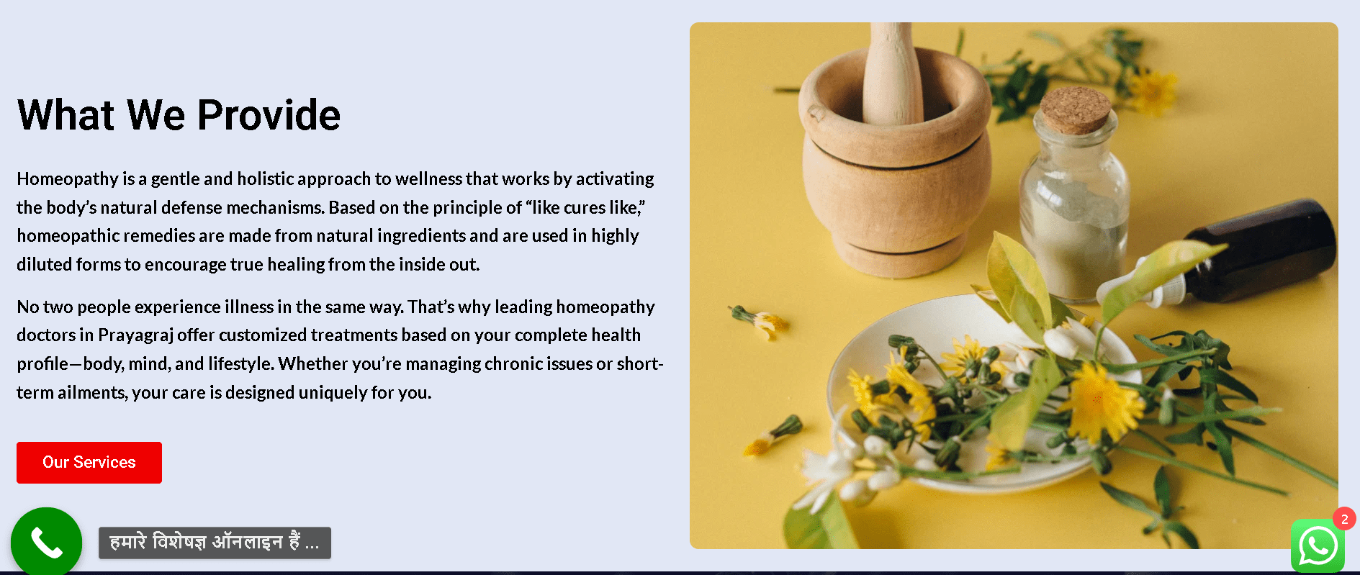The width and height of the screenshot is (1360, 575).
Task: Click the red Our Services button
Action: coord(89,463)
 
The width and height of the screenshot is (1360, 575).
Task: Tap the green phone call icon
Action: coord(46,542)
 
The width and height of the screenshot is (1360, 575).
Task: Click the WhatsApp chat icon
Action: coord(1318,546)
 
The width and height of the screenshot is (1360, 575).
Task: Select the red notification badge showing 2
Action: coord(1344,519)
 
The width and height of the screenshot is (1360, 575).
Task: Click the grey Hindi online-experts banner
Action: coord(215,543)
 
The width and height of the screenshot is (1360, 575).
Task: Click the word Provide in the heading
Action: coord(269,115)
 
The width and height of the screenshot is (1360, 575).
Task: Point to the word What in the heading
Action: coord(66,115)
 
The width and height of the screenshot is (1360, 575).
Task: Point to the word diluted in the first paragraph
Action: coord(45,265)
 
